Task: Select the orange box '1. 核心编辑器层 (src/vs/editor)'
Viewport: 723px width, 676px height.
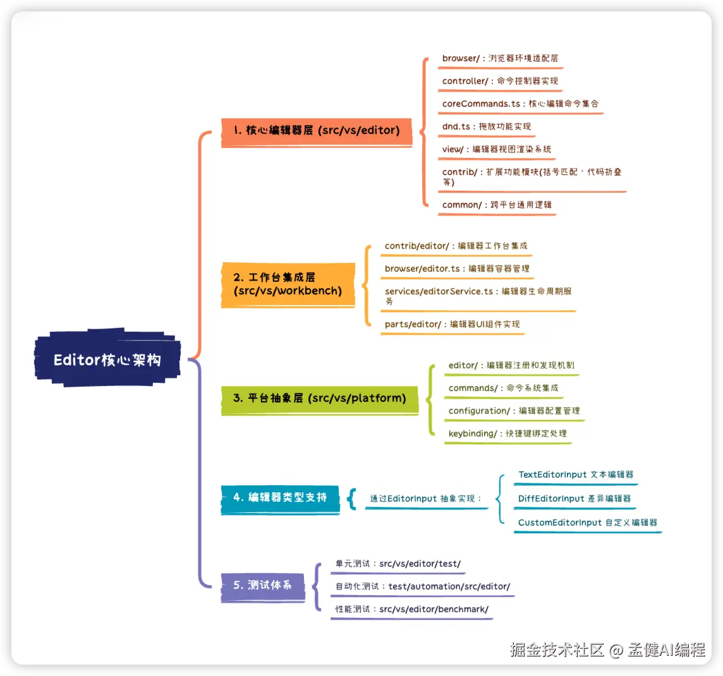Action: point(316,131)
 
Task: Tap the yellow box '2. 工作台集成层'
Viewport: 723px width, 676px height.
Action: point(288,284)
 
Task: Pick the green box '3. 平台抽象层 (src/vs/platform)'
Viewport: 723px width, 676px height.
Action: point(319,398)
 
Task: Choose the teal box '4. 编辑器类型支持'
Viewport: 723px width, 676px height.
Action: point(280,498)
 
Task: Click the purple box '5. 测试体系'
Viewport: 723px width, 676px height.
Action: point(262,586)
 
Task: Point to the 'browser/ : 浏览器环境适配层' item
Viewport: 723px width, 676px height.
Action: point(499,59)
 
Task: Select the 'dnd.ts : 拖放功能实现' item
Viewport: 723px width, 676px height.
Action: point(486,127)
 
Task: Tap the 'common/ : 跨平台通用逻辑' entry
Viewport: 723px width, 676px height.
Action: point(496,205)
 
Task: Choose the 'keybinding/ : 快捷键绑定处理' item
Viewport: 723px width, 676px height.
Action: point(507,434)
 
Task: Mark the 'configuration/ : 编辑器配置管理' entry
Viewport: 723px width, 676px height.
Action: point(513,411)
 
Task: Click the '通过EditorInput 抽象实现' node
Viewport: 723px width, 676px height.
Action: point(425,499)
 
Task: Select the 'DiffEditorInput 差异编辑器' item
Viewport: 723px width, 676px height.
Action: point(574,499)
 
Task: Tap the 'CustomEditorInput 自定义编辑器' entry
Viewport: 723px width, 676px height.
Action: point(587,523)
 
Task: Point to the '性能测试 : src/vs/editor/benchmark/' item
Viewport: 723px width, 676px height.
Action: point(411,610)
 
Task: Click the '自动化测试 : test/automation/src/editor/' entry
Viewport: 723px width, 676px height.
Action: point(422,587)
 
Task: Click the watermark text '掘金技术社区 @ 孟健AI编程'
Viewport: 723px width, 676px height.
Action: point(607,649)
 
